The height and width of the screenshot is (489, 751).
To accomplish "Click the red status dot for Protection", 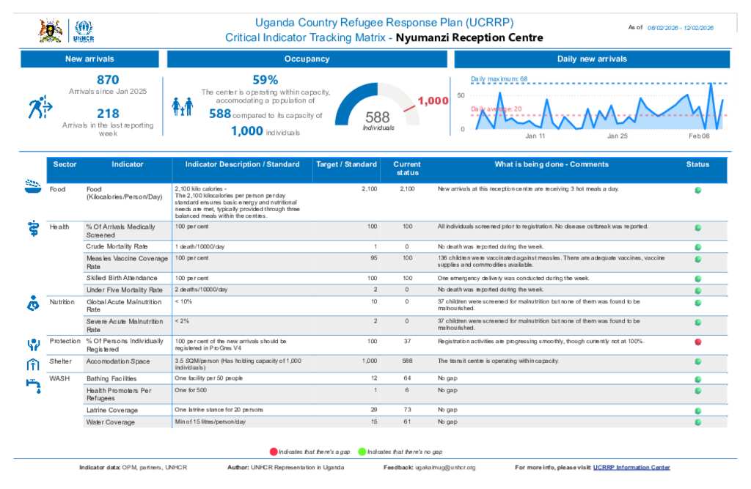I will pos(698,342).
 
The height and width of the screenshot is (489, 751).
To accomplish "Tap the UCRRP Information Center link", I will pos(631,468).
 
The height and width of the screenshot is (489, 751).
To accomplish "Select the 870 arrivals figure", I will pos(108,80).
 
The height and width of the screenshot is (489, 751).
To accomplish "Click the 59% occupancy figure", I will pos(265,80).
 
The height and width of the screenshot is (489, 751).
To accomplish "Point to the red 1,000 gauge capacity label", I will pos(433,100).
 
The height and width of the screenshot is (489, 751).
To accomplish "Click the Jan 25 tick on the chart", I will pos(618,136).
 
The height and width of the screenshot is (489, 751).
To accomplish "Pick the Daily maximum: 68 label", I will pos(499,78).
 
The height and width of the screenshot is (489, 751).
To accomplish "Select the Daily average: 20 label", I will pos(497,109).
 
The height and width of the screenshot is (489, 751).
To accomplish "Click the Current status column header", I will pos(407,169).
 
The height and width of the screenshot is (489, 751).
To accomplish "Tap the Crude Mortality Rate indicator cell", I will pos(117,246).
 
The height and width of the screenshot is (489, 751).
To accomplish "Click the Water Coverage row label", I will pos(111,422).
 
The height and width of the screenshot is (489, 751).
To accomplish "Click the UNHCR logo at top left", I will pos(84,32).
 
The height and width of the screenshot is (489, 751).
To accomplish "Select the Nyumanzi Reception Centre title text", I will pos(469,37).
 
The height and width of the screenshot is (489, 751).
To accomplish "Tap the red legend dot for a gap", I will pos(274,452).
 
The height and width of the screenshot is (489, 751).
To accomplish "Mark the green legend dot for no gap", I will pos(362,452).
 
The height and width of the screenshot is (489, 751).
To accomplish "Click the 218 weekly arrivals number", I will pos(108,114).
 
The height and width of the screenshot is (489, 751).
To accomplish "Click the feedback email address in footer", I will pos(445,468).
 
